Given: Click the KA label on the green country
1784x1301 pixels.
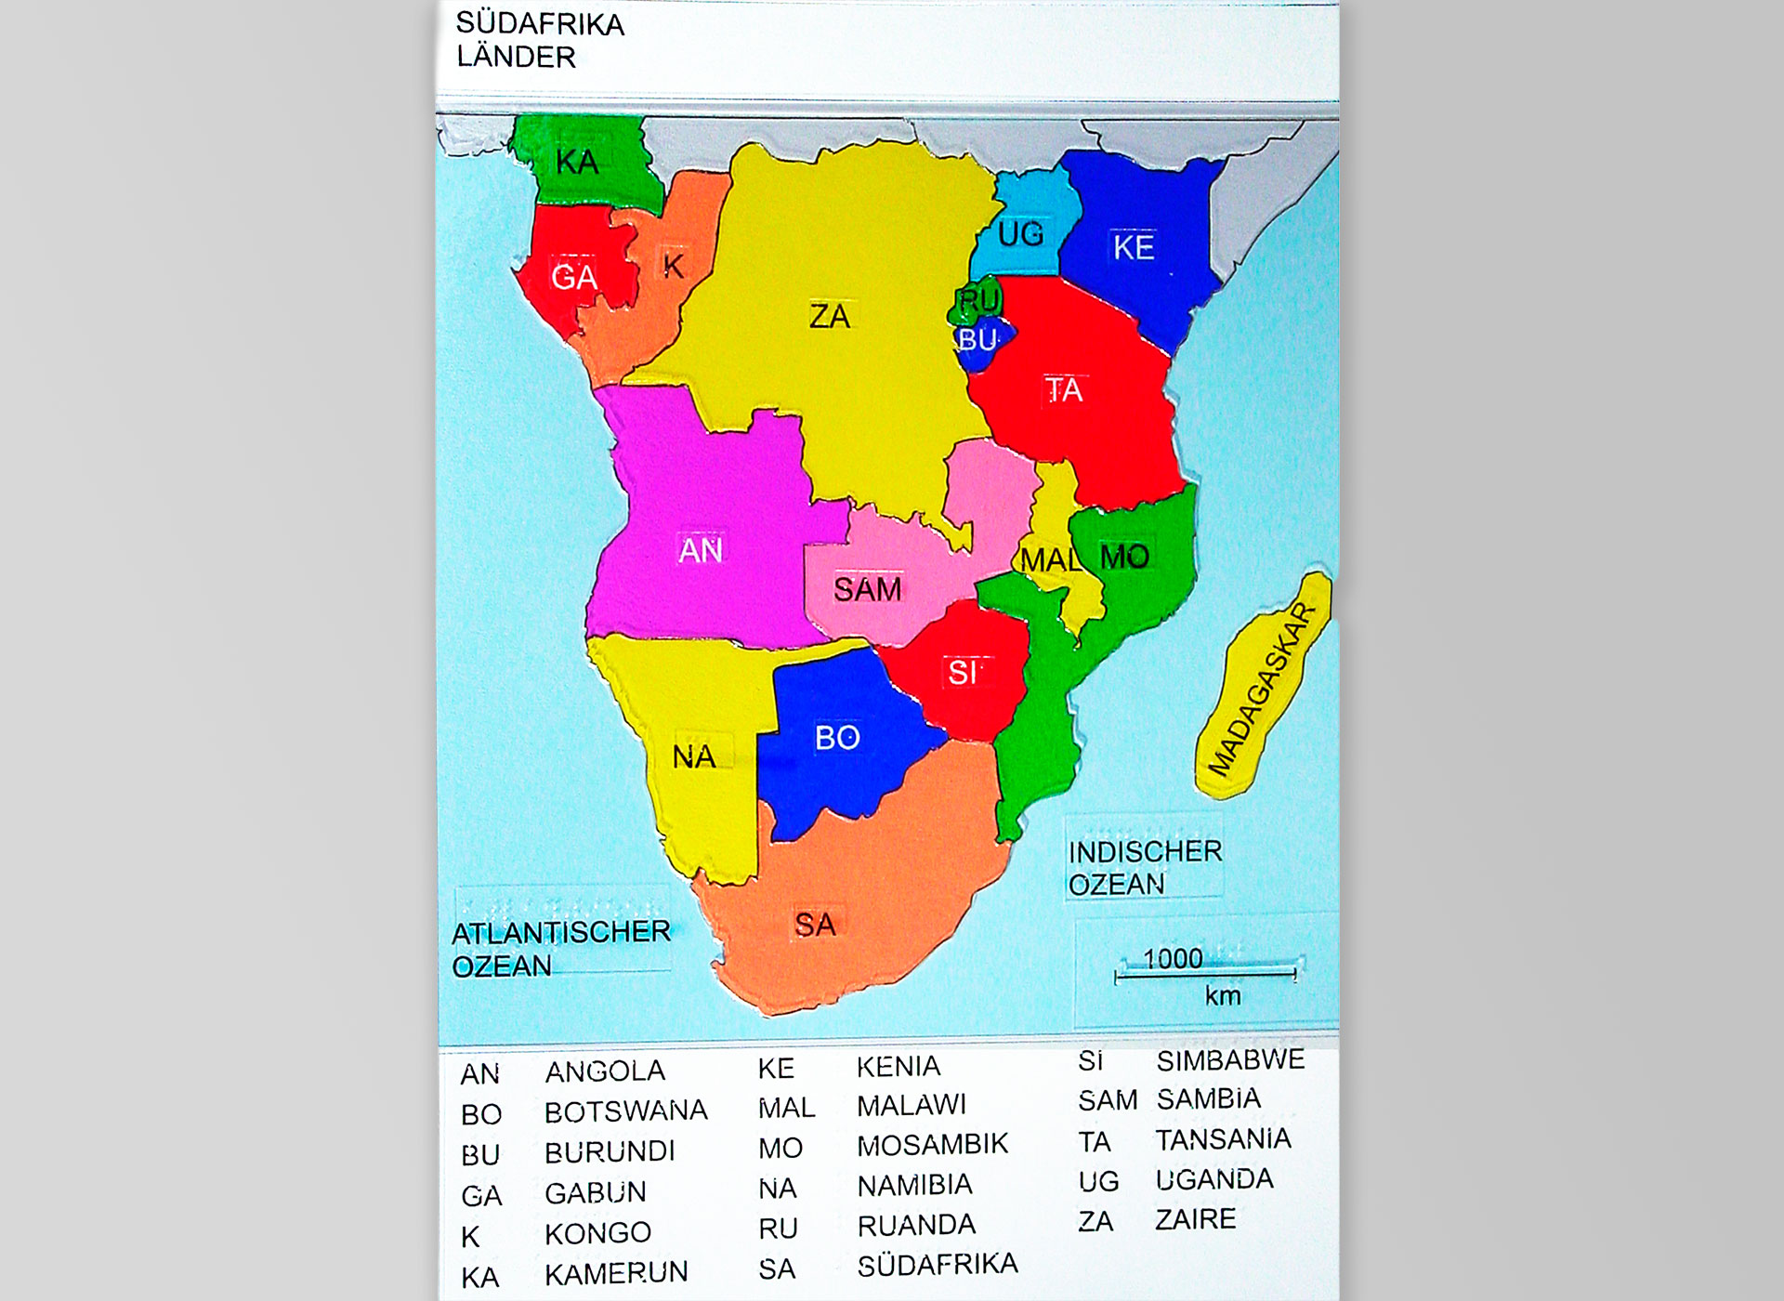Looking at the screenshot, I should coord(577,163).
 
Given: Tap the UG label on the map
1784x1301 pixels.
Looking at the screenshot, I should coord(1020,234).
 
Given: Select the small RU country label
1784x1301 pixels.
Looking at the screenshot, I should coord(979,300).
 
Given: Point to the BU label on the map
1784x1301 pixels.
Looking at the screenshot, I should coord(977,340).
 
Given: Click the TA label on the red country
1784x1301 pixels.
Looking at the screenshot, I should coord(1064,390).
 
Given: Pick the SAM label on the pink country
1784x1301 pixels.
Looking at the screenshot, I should coord(867,589).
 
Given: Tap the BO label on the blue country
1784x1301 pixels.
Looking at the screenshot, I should coord(837,738).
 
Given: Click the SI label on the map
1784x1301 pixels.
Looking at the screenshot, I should coord(962,672).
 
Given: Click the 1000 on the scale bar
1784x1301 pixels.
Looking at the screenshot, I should coord(1173,958).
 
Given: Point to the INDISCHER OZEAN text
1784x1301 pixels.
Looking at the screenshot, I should coord(1144,868).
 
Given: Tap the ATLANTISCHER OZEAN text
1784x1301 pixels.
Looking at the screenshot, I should coord(560,949).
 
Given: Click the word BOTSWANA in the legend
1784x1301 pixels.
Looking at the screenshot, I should coord(625,1111).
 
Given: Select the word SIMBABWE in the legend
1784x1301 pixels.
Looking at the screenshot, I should coord(1229,1060).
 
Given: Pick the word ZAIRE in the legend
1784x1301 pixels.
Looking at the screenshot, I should coord(1195,1219).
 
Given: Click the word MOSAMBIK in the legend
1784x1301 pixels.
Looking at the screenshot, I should coord(932,1145).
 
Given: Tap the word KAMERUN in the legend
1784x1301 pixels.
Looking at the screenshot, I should coord(616,1273).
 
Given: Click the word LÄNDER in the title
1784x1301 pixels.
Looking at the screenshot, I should coord(516,57).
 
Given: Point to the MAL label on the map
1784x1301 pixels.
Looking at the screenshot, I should coord(1050,560).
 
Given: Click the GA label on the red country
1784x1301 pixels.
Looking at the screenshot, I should coord(573,277).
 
